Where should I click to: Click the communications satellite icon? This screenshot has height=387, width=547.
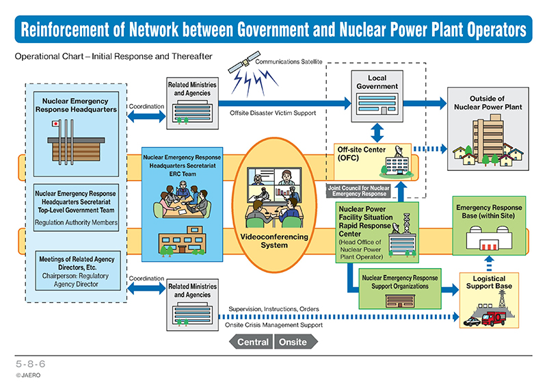[x=244, y=62]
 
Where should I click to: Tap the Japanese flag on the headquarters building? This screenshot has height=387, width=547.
[x=55, y=124]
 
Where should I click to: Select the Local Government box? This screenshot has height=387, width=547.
[x=377, y=96]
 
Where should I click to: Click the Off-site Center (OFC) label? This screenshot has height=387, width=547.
[x=362, y=154]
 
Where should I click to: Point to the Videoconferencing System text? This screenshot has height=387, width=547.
[x=274, y=241]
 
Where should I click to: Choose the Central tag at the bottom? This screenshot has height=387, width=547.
[x=251, y=342]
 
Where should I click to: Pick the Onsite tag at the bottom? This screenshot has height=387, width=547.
[x=295, y=342]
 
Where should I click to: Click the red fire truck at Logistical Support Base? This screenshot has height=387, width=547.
[x=493, y=318]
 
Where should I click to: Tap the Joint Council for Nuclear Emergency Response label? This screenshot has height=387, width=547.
[x=358, y=191]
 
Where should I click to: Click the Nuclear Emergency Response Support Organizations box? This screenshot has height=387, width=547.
[x=400, y=289]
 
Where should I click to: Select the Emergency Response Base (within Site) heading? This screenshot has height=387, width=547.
[x=489, y=211]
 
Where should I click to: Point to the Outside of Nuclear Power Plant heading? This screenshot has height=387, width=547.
[x=488, y=103]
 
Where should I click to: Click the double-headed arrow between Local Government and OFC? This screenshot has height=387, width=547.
[x=377, y=133]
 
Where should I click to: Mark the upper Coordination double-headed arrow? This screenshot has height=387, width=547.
[x=146, y=116]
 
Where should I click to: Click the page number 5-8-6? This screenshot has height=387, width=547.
[x=30, y=364]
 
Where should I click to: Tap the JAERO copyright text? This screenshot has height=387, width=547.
[x=28, y=375]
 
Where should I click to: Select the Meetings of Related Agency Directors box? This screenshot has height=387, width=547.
[x=78, y=271]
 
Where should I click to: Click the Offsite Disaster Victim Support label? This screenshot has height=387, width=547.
[x=273, y=113]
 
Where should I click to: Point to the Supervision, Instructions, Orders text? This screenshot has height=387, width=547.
[x=273, y=309]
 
